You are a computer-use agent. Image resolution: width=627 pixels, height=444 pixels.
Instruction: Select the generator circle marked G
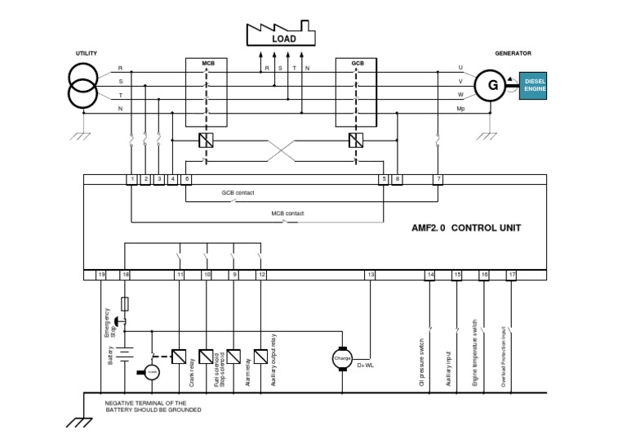point(492,84)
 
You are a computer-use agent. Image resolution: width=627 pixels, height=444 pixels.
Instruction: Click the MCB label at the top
point(208,63)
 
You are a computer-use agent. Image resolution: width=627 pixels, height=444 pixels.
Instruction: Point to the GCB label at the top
point(358,63)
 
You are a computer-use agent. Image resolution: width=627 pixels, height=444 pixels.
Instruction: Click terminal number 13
point(371,275)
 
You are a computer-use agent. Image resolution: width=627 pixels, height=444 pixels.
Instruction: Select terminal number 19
point(101,275)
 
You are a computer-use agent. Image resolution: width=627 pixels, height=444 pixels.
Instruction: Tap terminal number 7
point(439,178)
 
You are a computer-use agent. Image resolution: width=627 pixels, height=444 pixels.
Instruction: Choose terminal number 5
point(383,178)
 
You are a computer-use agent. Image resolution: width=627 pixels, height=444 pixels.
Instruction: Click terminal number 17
point(512,275)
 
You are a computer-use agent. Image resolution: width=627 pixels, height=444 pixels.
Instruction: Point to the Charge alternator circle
point(342,358)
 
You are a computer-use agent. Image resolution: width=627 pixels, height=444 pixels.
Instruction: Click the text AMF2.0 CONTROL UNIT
point(465,228)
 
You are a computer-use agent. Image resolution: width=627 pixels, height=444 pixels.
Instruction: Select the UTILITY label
point(87,53)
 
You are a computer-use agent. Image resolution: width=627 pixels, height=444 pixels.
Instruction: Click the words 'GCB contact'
point(238,193)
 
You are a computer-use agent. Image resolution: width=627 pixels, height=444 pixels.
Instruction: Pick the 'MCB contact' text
point(287,213)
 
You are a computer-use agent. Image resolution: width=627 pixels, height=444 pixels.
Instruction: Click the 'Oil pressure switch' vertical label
point(422,359)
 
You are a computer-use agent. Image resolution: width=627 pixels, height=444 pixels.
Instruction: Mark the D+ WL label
point(365,366)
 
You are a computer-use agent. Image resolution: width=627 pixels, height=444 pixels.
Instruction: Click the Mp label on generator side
point(460,108)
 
